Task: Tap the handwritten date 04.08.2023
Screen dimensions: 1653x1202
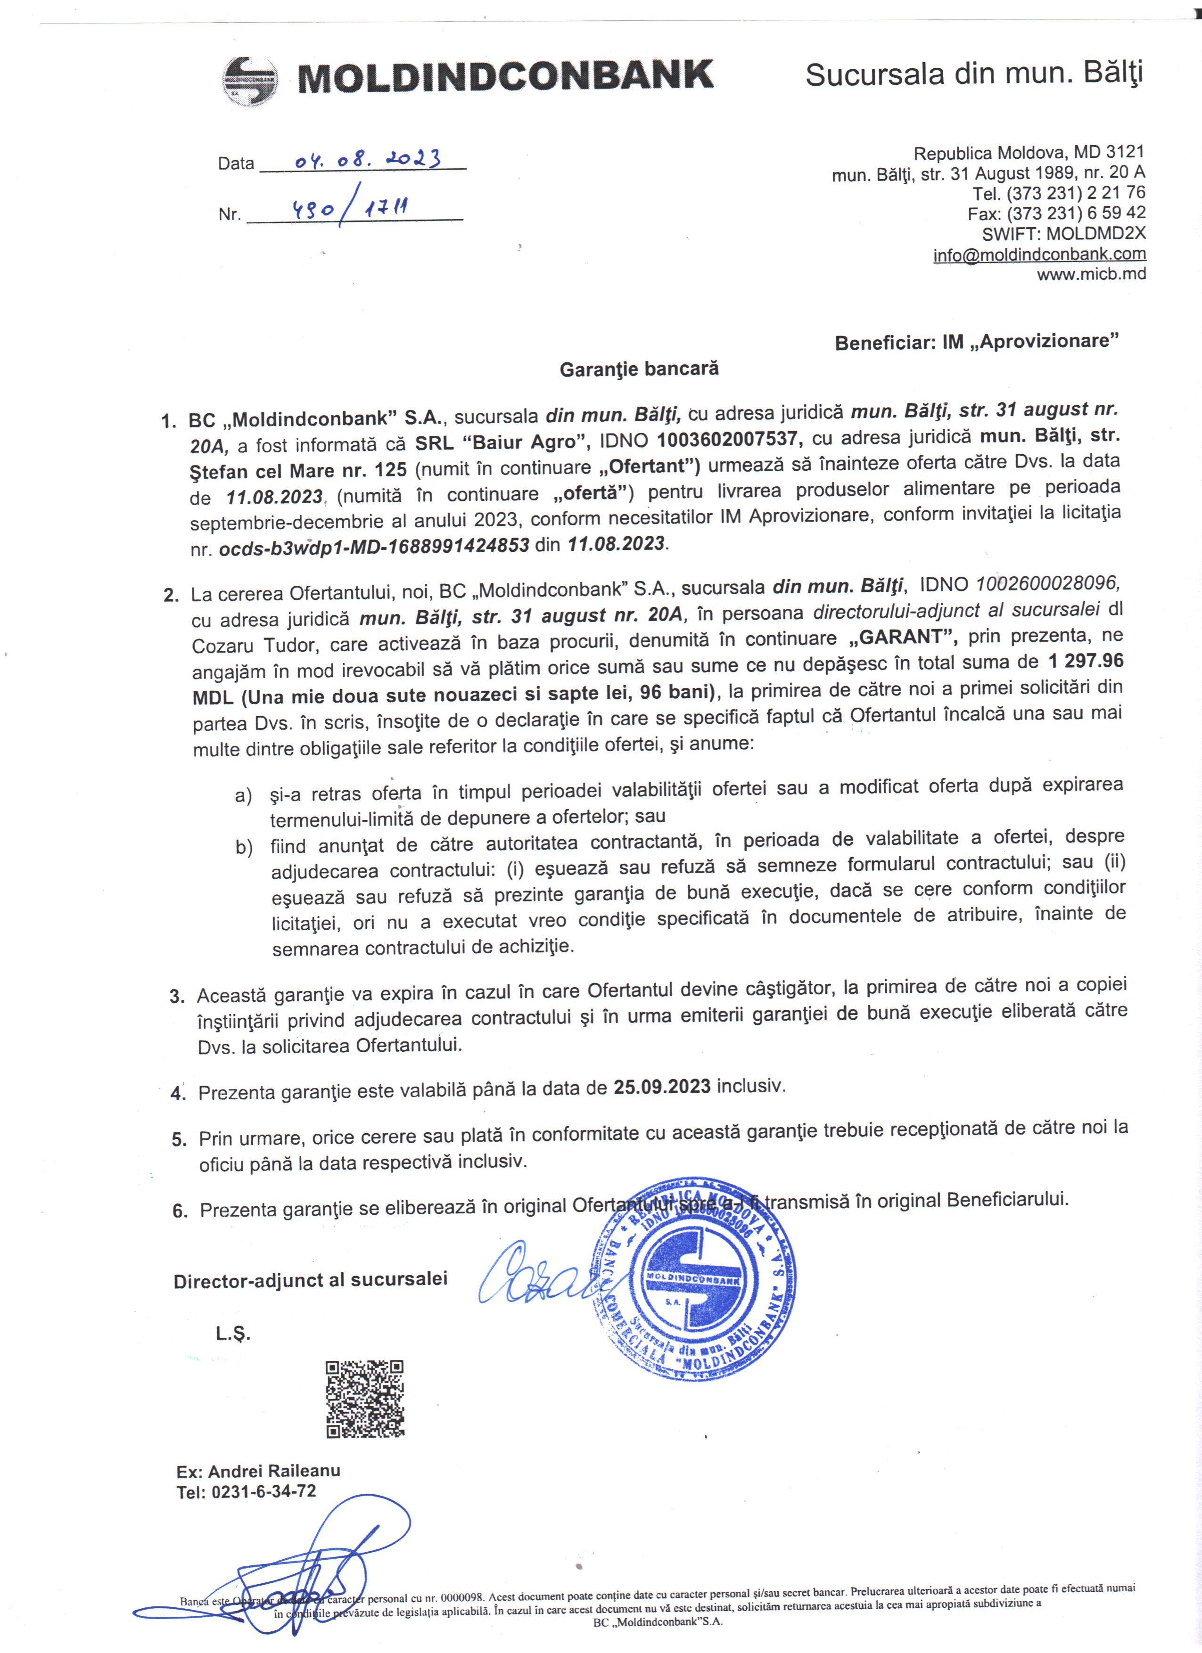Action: (x=367, y=159)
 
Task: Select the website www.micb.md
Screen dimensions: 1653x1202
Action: (x=1091, y=274)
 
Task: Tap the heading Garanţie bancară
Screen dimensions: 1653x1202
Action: (x=639, y=369)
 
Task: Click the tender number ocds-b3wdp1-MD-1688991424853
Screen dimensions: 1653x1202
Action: (x=374, y=547)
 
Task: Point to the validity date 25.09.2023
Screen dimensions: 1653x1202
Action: (x=662, y=1086)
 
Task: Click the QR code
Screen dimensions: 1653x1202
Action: (x=364, y=1399)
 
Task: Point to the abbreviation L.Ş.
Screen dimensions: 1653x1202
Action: (x=232, y=1334)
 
